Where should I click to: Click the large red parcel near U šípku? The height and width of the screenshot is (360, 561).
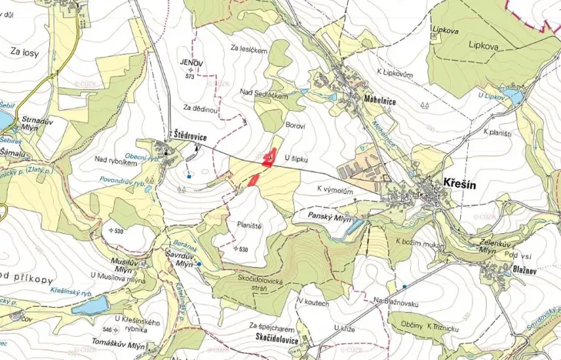[269, 158]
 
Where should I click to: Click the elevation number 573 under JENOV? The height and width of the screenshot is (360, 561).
[190, 76]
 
